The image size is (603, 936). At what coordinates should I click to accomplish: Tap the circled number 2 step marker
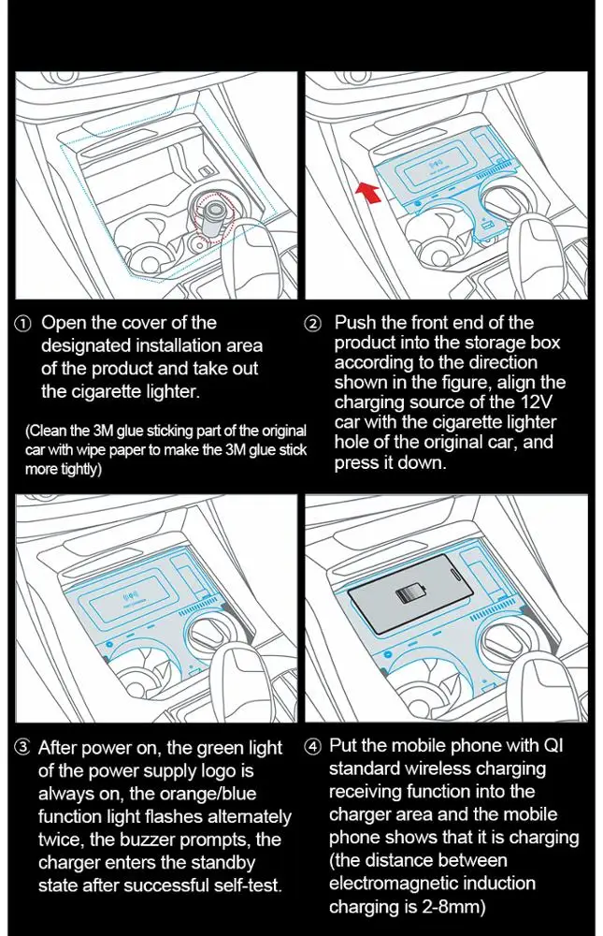click(x=313, y=323)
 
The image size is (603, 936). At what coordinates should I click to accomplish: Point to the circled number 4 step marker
click(x=313, y=747)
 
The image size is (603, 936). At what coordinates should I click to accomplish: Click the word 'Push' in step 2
click(x=353, y=323)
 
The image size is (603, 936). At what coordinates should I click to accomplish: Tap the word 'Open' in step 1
click(x=65, y=323)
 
